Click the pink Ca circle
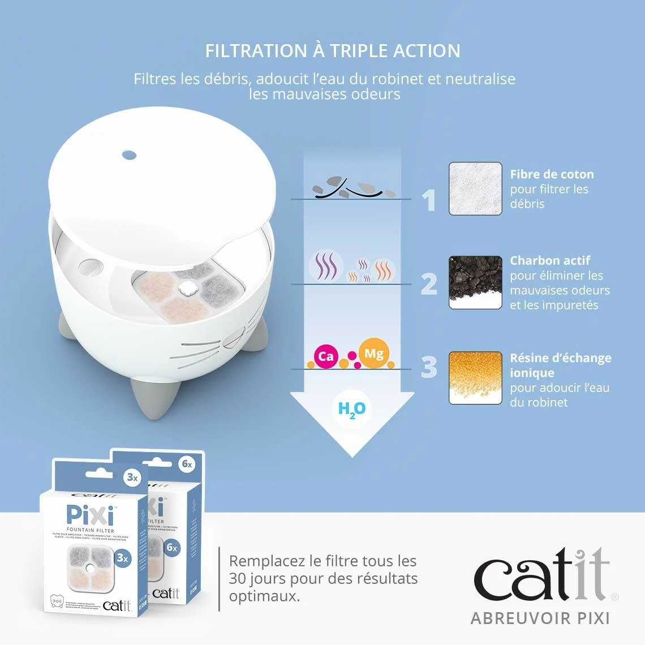[x=326, y=356]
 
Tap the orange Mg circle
[x=373, y=354]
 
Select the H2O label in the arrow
[x=351, y=410]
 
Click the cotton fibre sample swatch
[x=475, y=189]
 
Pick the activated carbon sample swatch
[x=475, y=282]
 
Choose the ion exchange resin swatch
[x=475, y=378]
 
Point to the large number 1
[x=430, y=200]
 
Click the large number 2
[x=429, y=283]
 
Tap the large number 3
[x=429, y=367]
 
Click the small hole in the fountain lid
[x=129, y=154]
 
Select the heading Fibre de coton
[x=552, y=174]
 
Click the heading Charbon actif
[x=549, y=260]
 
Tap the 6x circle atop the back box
[x=187, y=465]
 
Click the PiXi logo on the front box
[x=91, y=515]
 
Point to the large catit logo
[x=541, y=577]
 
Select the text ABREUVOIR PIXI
[x=540, y=618]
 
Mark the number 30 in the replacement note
[x=239, y=579]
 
